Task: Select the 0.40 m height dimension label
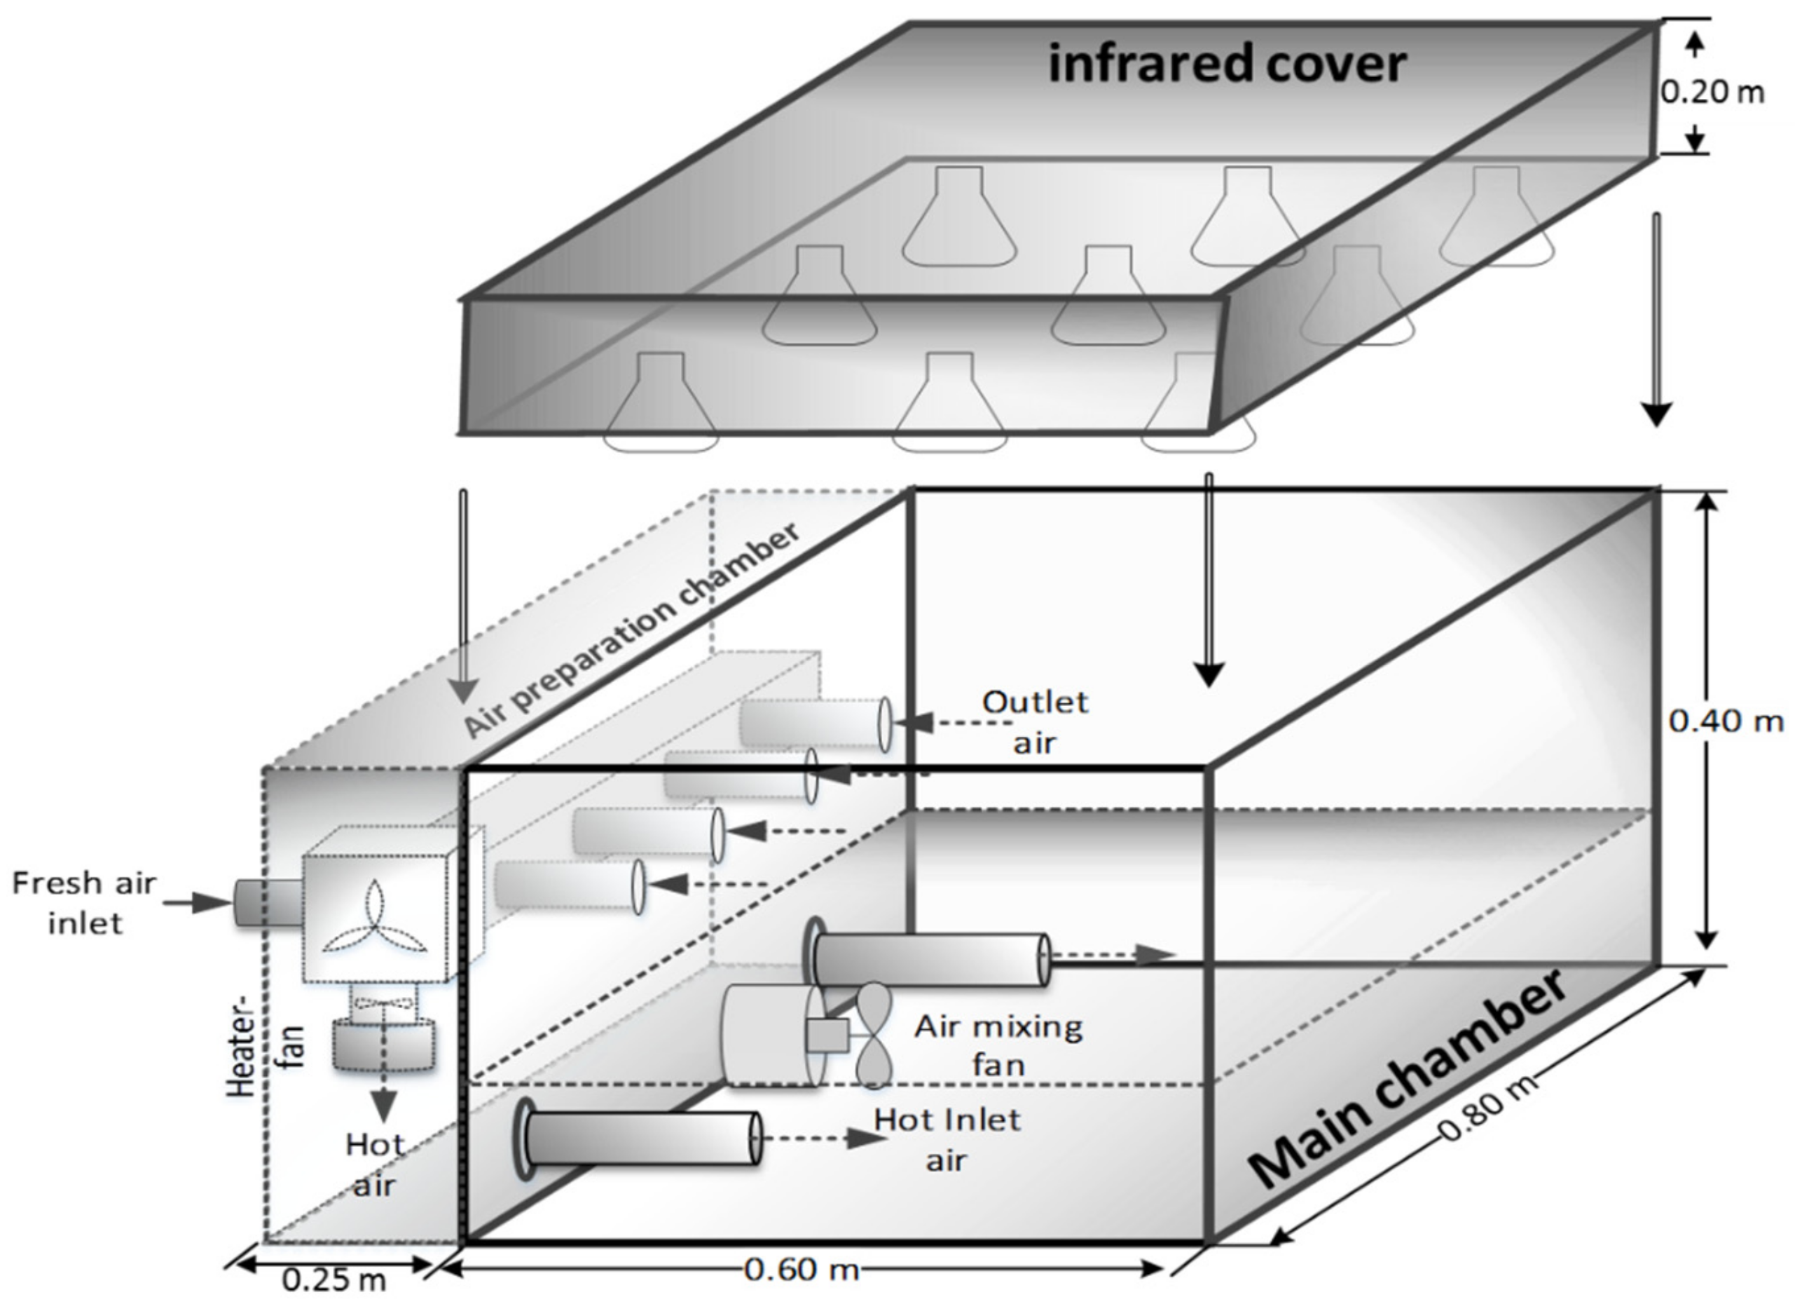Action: (x=1726, y=721)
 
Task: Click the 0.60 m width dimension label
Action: (x=801, y=1270)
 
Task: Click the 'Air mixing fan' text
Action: (x=999, y=1046)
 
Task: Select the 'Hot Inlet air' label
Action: (x=947, y=1140)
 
